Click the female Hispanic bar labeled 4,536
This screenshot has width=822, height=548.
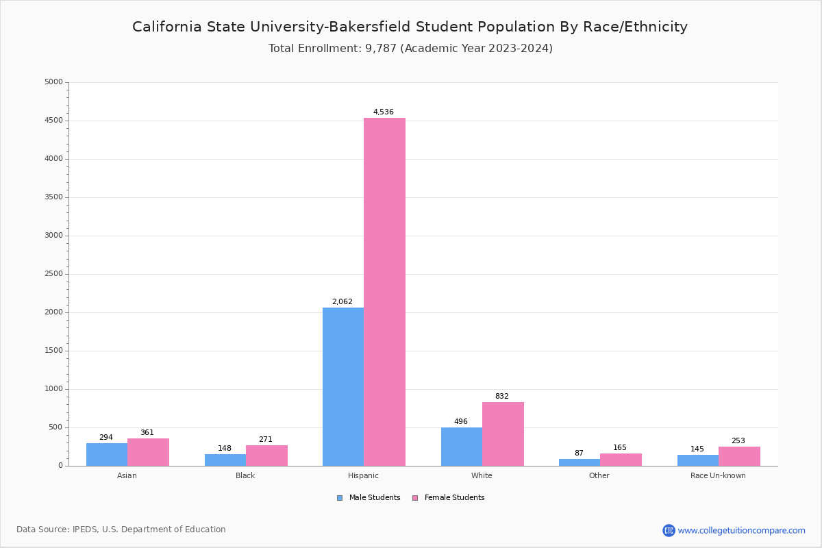(x=384, y=292)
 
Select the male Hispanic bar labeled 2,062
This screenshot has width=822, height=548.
(x=343, y=386)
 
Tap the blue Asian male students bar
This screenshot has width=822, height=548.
(x=107, y=455)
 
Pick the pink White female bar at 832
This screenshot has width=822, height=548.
(x=503, y=434)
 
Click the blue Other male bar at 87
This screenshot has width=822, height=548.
(x=580, y=462)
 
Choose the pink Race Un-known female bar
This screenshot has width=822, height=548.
(x=739, y=456)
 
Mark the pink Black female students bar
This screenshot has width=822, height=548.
(x=266, y=456)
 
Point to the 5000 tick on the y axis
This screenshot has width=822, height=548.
(x=53, y=82)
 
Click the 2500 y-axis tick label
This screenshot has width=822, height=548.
(x=53, y=274)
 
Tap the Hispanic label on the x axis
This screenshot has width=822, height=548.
(x=363, y=475)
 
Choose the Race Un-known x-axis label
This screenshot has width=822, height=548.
(x=718, y=475)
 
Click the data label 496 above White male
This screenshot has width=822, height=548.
(x=461, y=422)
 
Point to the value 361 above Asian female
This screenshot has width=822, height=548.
(x=147, y=432)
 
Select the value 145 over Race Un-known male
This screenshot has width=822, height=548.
(x=697, y=449)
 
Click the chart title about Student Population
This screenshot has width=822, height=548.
(x=410, y=27)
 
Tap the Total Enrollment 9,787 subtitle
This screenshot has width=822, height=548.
(x=410, y=49)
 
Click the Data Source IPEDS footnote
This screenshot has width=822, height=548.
(x=121, y=530)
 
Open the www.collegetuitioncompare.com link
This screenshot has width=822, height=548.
(x=741, y=530)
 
